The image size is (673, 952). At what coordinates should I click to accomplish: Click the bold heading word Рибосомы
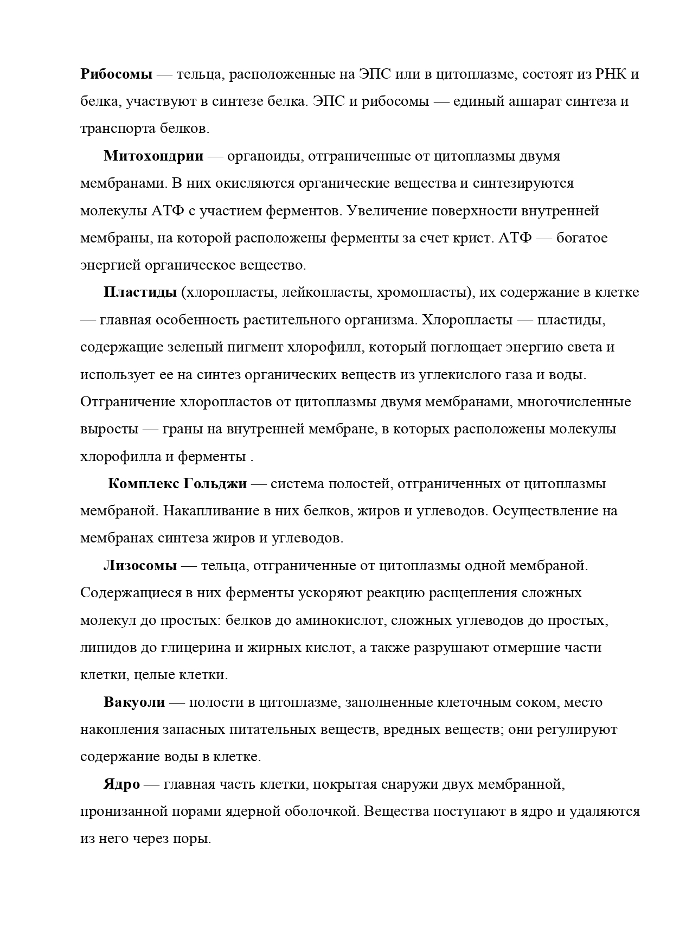(x=116, y=74)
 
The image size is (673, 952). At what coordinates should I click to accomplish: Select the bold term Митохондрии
(x=153, y=156)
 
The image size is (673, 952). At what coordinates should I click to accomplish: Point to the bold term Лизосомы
(x=140, y=566)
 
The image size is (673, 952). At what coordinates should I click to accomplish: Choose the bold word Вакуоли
(x=134, y=702)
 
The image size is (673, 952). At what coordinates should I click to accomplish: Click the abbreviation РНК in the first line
(x=611, y=74)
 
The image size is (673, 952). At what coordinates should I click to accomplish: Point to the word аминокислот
(x=339, y=620)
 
